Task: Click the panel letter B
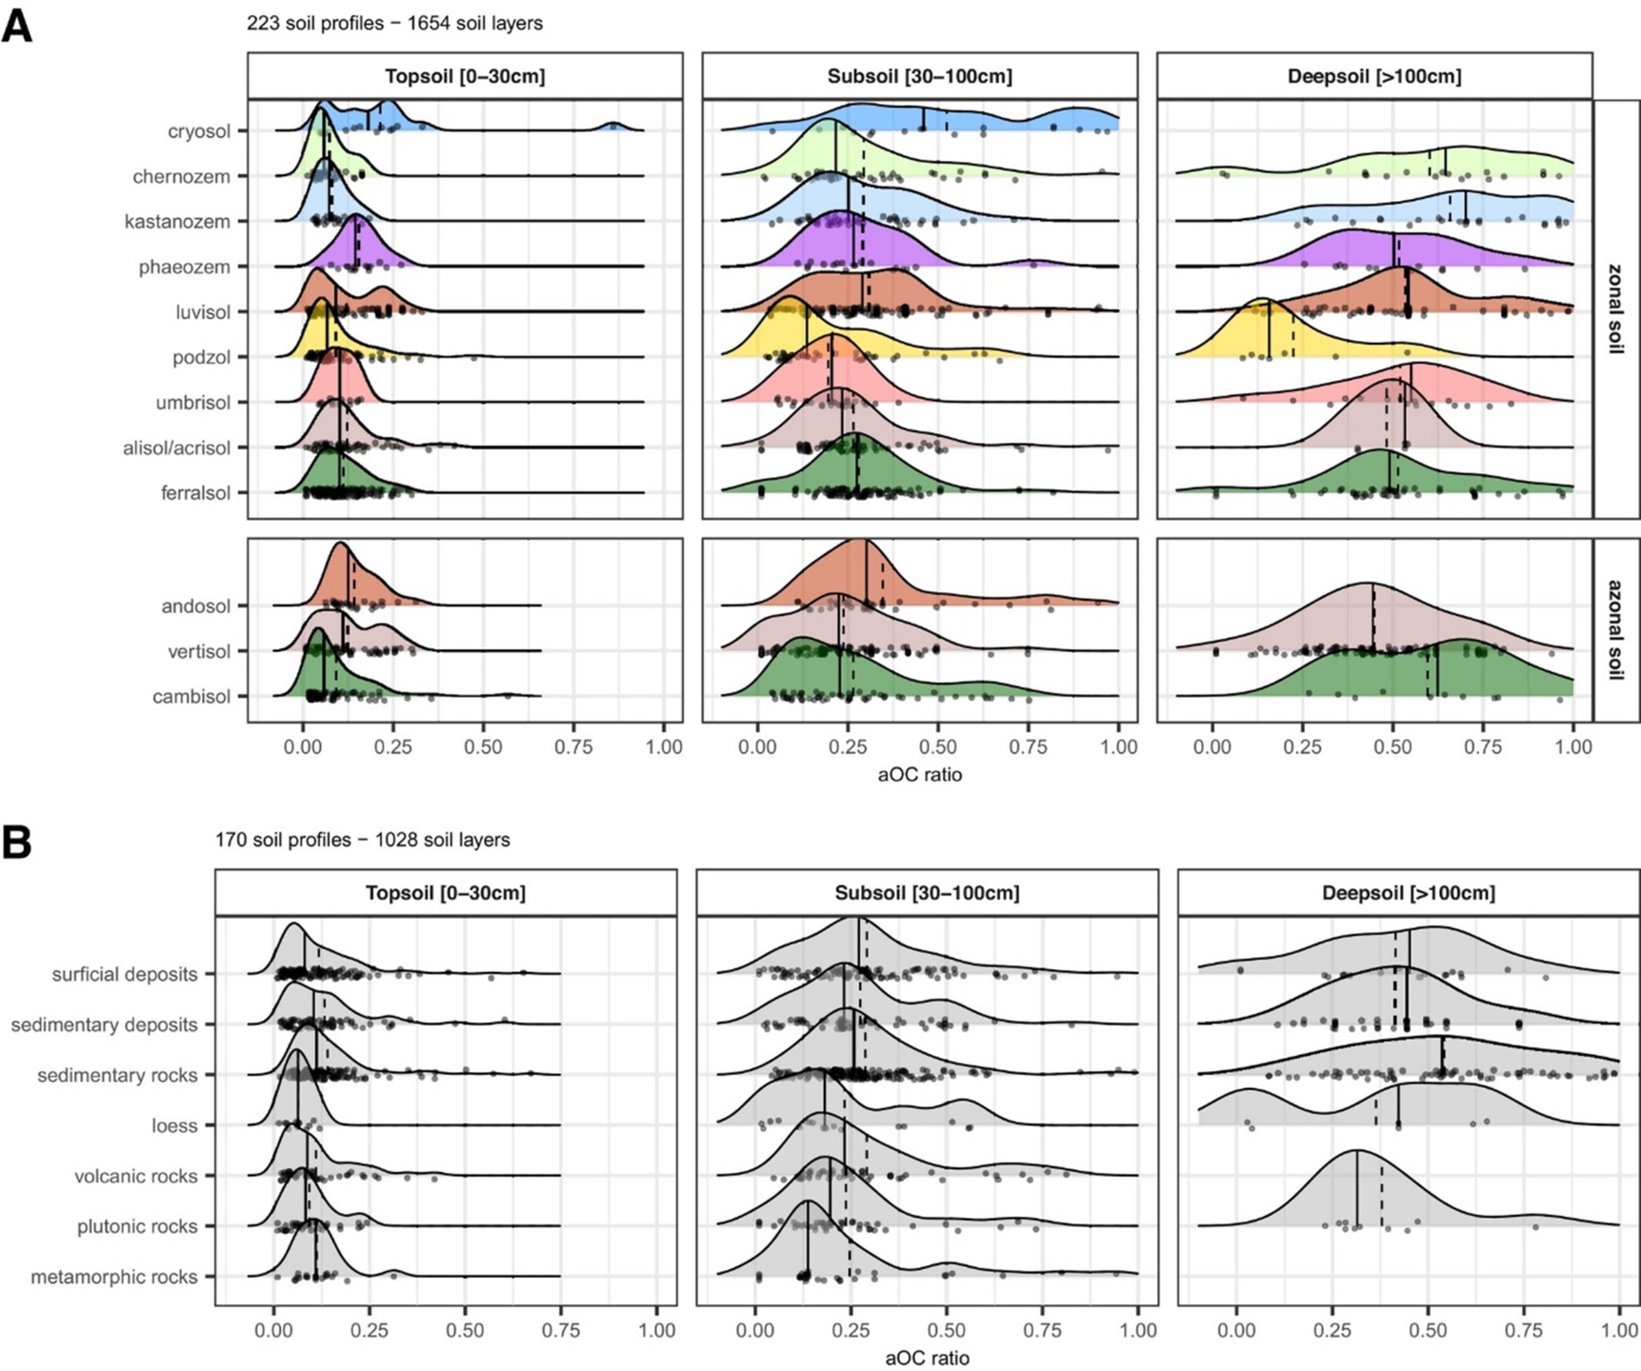tap(17, 843)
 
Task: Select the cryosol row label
tap(199, 131)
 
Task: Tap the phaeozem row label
tap(184, 268)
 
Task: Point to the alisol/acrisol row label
tap(176, 448)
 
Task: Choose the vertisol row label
tap(193, 652)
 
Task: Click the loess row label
tap(174, 1126)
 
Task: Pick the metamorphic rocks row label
tap(114, 1278)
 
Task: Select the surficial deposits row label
tap(125, 975)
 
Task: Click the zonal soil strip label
tap(1615, 308)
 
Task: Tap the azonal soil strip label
tap(1615, 629)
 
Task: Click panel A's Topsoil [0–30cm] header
tap(465, 76)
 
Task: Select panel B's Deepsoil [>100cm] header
tap(1409, 893)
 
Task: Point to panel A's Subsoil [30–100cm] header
tap(919, 76)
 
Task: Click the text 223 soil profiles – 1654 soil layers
tap(394, 23)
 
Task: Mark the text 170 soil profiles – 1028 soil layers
tap(362, 841)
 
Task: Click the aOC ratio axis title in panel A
tap(919, 775)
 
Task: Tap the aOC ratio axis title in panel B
tap(927, 1359)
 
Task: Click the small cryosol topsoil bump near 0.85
tap(613, 126)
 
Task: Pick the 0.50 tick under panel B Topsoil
tap(465, 1329)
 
